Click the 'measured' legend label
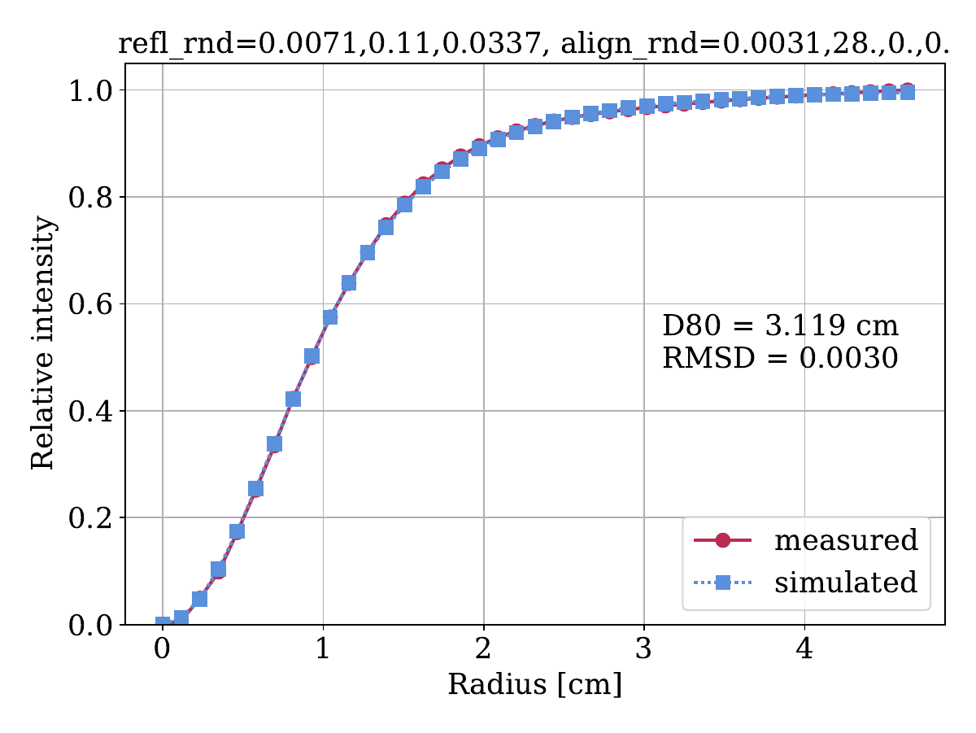(846, 539)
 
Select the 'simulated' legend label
(846, 582)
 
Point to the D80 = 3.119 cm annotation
(780, 326)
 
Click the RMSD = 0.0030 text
(780, 358)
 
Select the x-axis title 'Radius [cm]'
(534, 685)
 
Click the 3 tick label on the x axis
(644, 651)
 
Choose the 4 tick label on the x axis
(804, 651)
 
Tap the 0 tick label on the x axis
(163, 651)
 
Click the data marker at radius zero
(163, 624)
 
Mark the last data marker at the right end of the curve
(908, 92)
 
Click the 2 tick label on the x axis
(484, 651)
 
